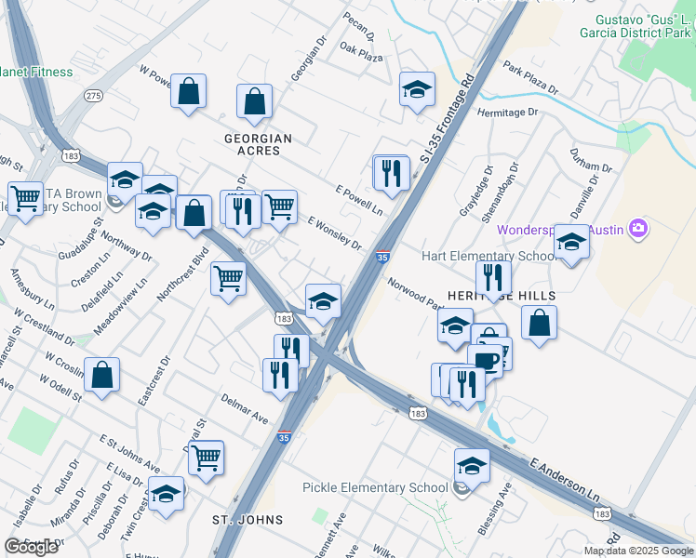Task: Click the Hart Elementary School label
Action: (502, 256)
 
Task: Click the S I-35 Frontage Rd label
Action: (454, 112)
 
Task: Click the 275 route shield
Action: (92, 95)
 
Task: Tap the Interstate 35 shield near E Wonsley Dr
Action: (382, 258)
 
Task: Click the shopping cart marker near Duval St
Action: (206, 457)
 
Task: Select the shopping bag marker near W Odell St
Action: (102, 374)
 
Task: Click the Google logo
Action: (32, 547)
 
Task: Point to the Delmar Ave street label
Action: (245, 407)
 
